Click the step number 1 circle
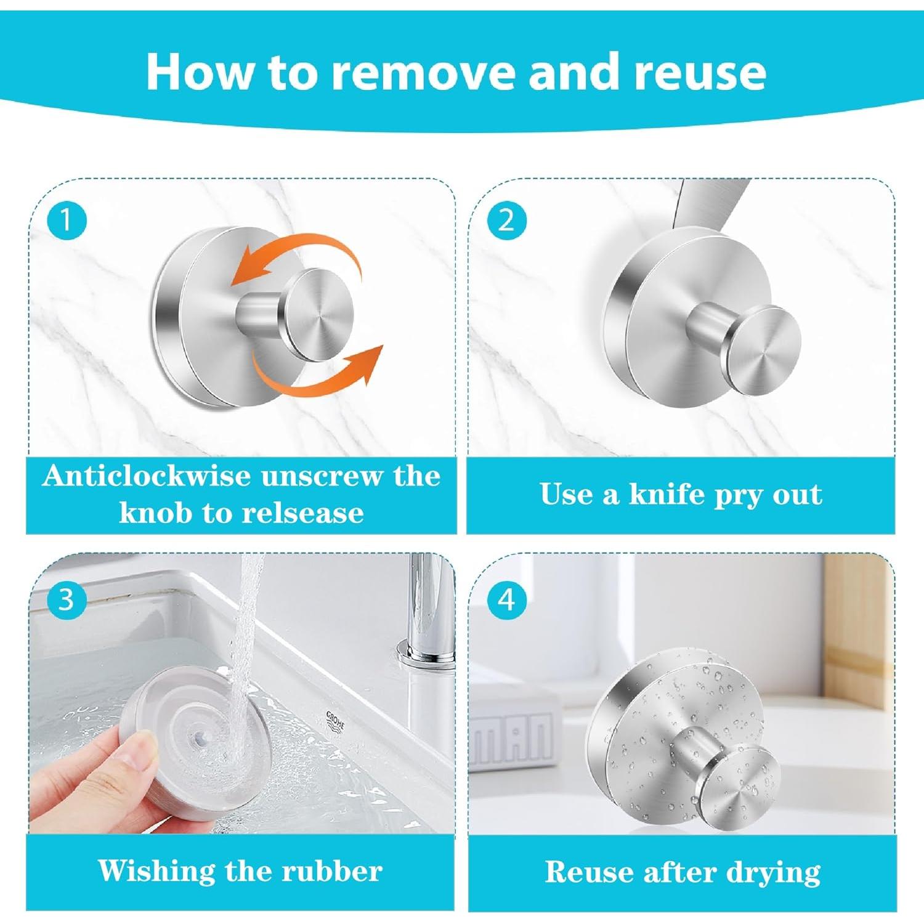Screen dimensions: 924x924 [x=66, y=220]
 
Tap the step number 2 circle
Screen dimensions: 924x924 [x=506, y=220]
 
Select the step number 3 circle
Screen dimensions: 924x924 [x=66, y=599]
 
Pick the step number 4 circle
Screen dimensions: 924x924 [x=506, y=599]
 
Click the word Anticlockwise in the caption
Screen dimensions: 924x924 [x=147, y=476]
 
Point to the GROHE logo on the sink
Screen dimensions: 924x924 [x=335, y=720]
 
